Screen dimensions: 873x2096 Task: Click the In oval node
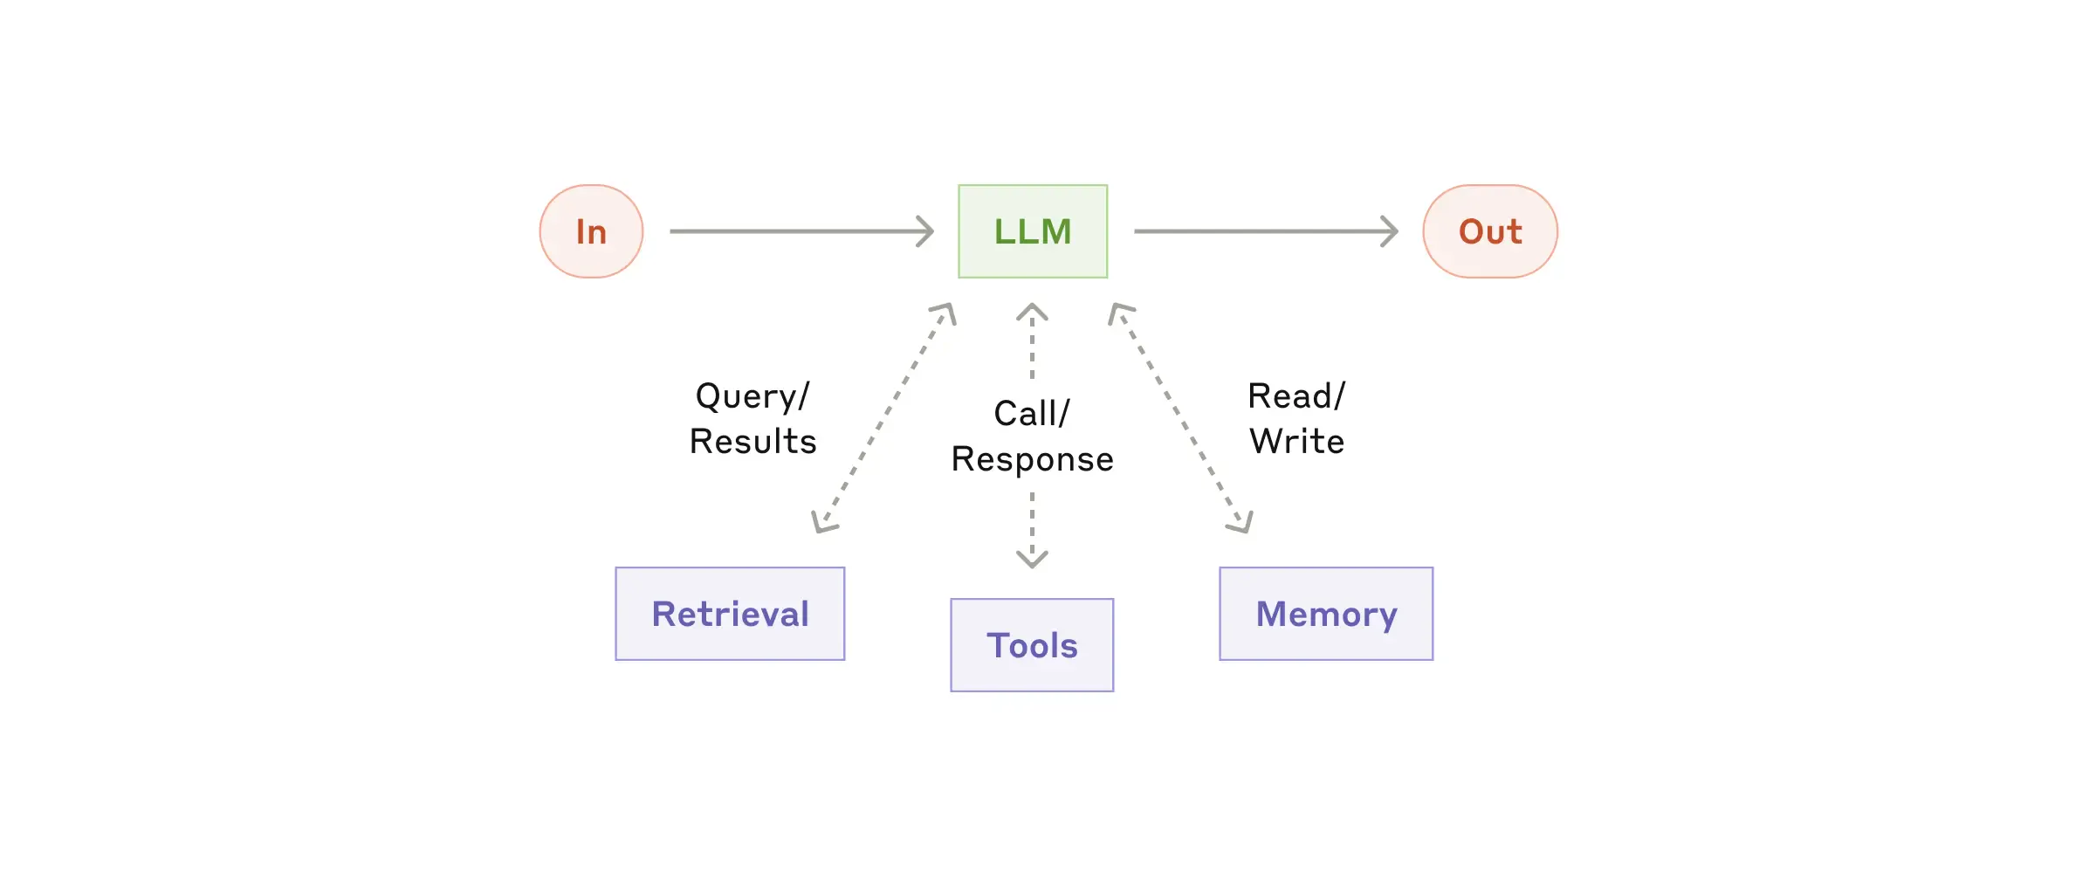[591, 231]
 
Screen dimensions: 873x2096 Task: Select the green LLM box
[1033, 231]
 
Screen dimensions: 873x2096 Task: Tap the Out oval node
[1490, 231]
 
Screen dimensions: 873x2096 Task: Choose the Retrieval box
[730, 614]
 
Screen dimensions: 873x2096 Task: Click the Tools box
[1032, 645]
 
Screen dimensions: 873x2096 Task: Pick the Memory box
[1326, 614]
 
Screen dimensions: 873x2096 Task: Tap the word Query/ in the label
[752, 397]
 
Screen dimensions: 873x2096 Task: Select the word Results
[752, 442]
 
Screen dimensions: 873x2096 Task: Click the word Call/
[1031, 414]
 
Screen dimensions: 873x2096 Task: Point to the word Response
[1032, 460]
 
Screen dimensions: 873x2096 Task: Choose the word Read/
[1296, 396]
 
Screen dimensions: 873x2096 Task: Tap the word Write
[1296, 442]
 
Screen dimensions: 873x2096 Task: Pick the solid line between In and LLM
[794, 231]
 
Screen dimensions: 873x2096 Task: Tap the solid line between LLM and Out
[1257, 231]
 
